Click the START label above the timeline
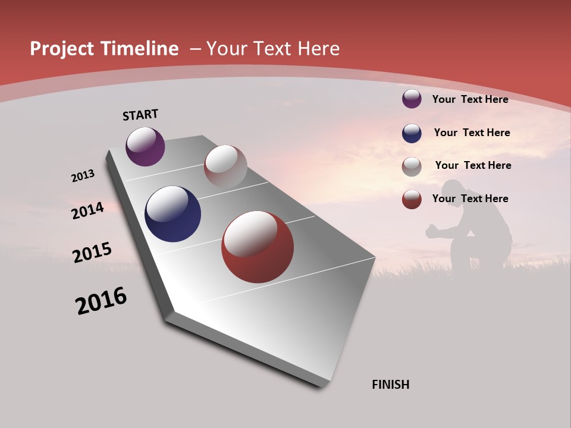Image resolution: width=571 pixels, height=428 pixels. click(140, 115)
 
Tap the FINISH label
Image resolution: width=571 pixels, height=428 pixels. click(391, 385)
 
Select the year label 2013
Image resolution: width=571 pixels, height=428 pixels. click(83, 176)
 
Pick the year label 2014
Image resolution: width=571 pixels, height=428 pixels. click(88, 211)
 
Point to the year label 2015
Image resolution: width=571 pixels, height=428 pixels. click(92, 252)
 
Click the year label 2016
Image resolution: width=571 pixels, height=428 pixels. click(101, 301)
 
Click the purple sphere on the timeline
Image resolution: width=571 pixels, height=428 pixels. click(145, 146)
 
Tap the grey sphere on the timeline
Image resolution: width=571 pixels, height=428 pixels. click(225, 166)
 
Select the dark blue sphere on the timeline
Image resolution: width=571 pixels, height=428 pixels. click(172, 214)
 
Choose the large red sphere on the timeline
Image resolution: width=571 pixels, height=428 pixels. click(258, 247)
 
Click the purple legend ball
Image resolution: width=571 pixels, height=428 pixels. click(412, 99)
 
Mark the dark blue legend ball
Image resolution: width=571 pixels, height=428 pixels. click(412, 133)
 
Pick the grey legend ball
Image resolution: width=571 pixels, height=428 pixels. click(412, 166)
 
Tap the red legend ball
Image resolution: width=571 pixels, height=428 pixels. click(412, 199)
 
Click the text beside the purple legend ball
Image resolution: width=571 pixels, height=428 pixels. click(470, 99)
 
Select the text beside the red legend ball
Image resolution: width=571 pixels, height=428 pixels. click(470, 199)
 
